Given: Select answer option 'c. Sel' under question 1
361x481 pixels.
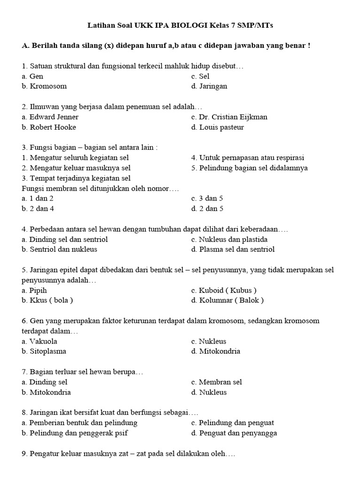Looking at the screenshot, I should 200,76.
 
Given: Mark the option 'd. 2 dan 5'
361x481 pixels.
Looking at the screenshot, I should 207,209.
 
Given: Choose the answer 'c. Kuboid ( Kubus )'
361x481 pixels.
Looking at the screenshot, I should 224,290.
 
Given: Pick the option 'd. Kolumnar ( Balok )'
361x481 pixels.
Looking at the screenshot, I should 228,301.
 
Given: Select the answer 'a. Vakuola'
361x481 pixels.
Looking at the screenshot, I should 41,341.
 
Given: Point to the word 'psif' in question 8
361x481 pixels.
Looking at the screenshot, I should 121,434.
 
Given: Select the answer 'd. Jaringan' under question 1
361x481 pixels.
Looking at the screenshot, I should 209,86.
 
